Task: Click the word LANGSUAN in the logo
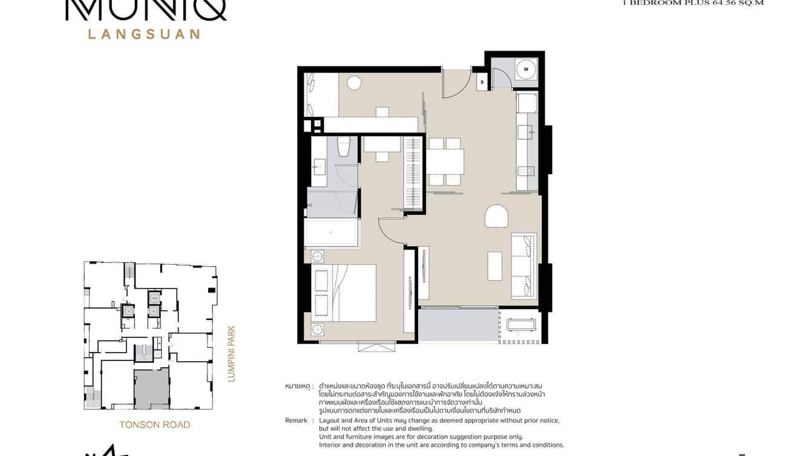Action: click(x=144, y=34)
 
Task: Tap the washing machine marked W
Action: click(x=526, y=69)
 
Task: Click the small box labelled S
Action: click(x=482, y=82)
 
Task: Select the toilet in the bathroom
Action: click(x=344, y=147)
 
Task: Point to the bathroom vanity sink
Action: click(x=318, y=166)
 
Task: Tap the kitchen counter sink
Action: click(x=525, y=132)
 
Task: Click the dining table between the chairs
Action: click(x=445, y=161)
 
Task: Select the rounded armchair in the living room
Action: click(x=496, y=216)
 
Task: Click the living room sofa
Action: click(x=524, y=265)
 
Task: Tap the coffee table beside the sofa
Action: click(x=495, y=265)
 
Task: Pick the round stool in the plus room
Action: click(x=354, y=83)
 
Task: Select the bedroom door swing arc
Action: click(x=390, y=230)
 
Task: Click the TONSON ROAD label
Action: click(x=155, y=425)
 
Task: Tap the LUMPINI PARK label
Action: click(x=231, y=354)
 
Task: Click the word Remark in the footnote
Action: click(x=296, y=420)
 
